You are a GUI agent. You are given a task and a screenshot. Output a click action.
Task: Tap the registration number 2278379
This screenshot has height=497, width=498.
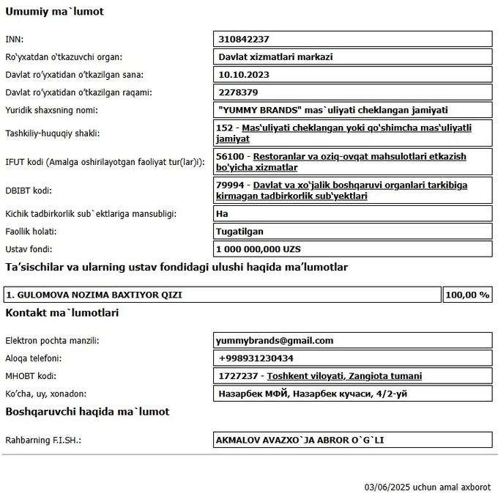[239, 92]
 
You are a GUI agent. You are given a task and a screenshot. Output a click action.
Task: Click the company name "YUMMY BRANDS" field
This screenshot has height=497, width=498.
[333, 110]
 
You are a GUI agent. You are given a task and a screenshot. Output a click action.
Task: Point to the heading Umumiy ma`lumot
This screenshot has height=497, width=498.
[54, 12]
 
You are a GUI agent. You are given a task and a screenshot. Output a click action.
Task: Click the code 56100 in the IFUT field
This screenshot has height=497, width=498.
[231, 156]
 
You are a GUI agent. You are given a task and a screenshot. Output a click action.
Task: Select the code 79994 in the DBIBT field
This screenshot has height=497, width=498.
[231, 185]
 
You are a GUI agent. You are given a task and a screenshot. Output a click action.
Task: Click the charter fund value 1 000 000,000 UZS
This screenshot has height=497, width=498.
[259, 249]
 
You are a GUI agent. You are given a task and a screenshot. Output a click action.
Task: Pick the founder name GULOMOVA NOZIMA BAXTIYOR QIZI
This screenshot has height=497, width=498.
[94, 295]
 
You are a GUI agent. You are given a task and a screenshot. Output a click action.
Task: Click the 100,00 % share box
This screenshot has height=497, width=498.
[467, 295]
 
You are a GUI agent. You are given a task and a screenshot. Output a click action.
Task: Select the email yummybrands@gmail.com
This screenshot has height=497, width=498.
[275, 340]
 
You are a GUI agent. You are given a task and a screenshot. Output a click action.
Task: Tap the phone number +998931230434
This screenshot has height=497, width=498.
[256, 358]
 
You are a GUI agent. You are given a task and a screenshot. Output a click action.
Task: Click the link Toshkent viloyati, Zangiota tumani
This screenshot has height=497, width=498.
[344, 376]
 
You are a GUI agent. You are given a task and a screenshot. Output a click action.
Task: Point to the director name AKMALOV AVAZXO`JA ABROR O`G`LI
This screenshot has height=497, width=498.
[300, 440]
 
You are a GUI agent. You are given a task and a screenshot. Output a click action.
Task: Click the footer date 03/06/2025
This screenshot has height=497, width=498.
[387, 487]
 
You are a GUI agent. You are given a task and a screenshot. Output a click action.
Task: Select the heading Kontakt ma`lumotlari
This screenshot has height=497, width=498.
[62, 313]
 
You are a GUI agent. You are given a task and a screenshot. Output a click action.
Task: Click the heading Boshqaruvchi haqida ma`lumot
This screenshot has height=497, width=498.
[87, 411]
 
